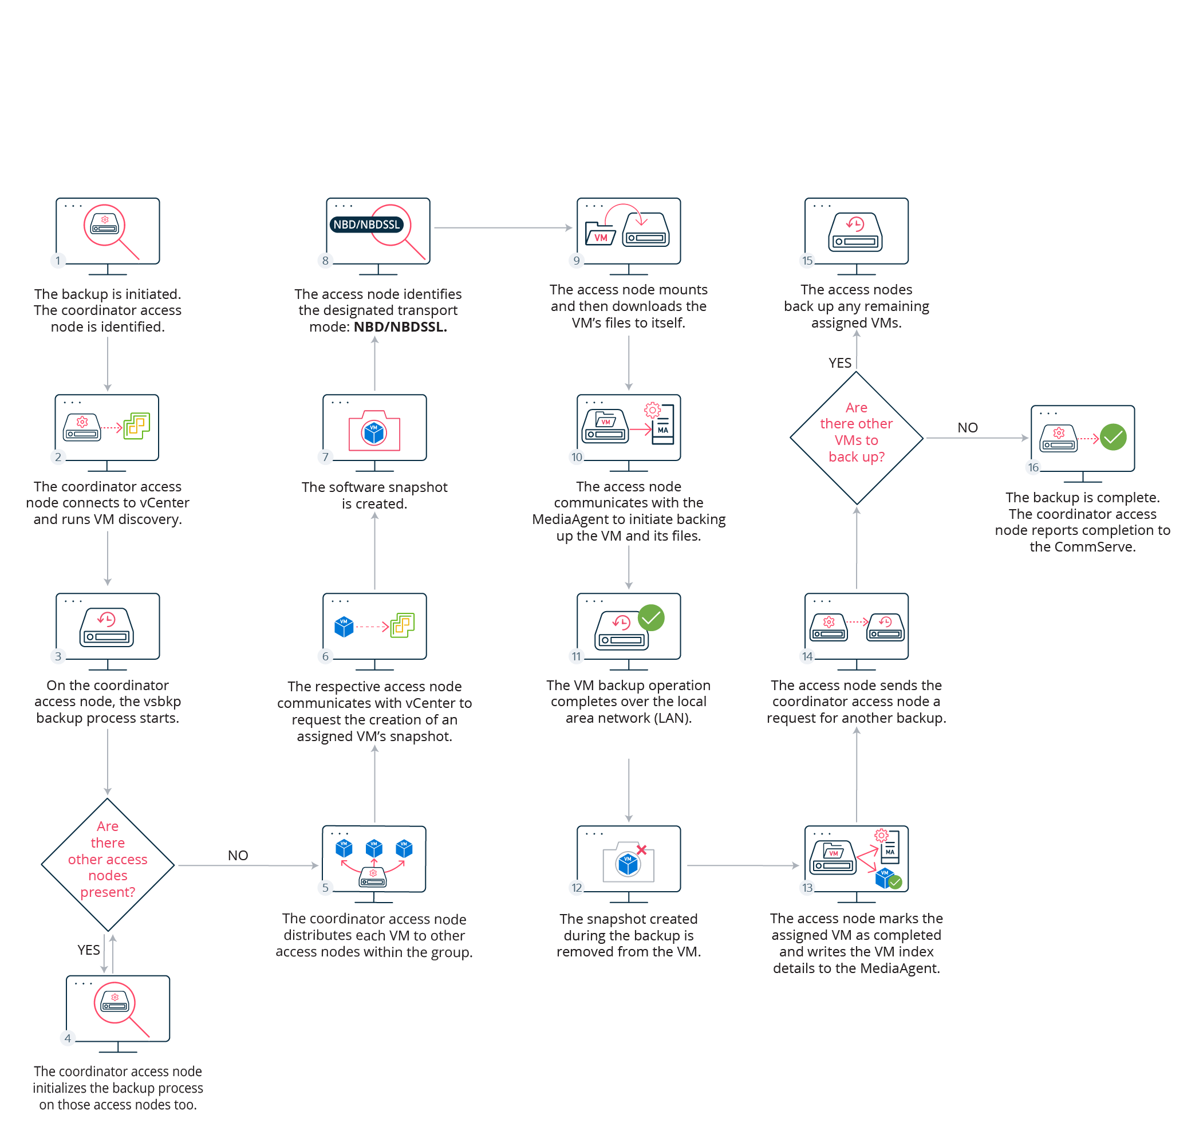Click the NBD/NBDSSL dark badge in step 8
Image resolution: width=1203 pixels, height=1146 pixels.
click(x=366, y=224)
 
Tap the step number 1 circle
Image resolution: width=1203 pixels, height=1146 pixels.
click(x=58, y=261)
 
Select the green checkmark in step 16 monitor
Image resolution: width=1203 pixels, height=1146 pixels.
click(x=1113, y=438)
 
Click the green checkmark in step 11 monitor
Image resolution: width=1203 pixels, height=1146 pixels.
click(x=651, y=617)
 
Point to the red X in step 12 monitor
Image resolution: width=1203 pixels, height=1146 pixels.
click(x=641, y=850)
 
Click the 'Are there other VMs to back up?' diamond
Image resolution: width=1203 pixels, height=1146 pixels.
click(x=856, y=438)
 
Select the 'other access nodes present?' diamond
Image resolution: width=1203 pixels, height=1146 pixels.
click(x=108, y=864)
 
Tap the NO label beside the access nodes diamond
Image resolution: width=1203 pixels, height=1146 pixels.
click(x=238, y=855)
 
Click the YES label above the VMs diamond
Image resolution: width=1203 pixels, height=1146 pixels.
click(x=839, y=363)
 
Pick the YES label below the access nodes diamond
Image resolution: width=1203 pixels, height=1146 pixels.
click(x=89, y=950)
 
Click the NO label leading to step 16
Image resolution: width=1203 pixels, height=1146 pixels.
click(x=967, y=428)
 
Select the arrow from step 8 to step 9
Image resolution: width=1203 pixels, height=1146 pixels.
click(x=502, y=228)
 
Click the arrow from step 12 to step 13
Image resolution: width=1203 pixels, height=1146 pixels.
click(x=742, y=865)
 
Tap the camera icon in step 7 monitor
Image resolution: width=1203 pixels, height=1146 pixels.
click(x=374, y=431)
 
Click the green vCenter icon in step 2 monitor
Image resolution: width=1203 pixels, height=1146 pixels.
click(x=137, y=426)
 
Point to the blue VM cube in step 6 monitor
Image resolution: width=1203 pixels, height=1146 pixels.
click(x=344, y=627)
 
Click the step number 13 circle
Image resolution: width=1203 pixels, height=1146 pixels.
click(x=807, y=888)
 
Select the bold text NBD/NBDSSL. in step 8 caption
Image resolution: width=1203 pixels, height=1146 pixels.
click(x=400, y=327)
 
